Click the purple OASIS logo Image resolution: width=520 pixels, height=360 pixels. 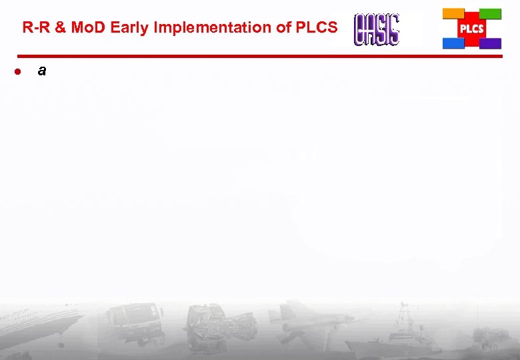pos(377,30)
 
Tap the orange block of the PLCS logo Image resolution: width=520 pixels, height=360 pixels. pos(453,13)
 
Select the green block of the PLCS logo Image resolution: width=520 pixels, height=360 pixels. pos(491,13)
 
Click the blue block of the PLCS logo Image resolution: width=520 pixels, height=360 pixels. pos(453,43)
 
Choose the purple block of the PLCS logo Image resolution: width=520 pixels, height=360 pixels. pos(491,43)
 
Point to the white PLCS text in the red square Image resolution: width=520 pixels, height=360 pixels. pos(472,29)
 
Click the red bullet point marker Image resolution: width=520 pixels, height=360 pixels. pos(21,71)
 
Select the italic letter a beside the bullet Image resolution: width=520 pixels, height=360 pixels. pos(42,70)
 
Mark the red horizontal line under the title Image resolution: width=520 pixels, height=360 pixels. pos(260,56)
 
